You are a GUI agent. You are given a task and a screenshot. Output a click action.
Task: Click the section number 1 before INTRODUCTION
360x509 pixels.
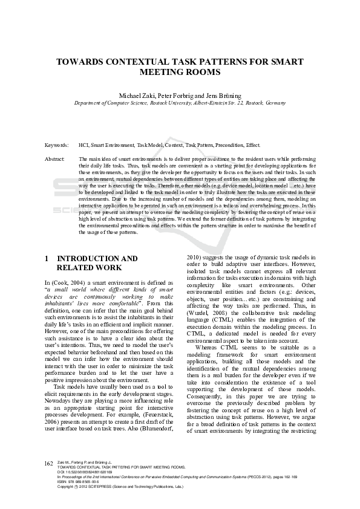(x=47, y=259)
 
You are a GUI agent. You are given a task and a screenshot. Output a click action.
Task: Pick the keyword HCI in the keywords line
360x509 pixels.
(x=84, y=146)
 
